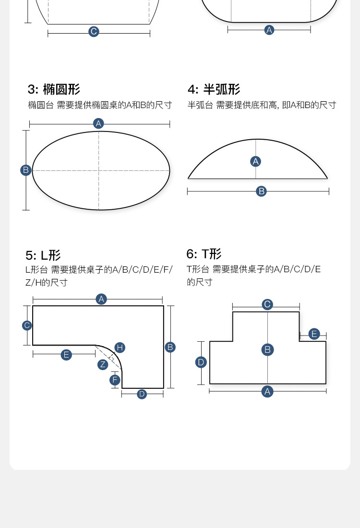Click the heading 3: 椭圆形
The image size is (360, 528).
point(54,89)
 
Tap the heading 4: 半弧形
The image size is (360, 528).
point(214,89)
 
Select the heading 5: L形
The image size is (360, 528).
point(43,255)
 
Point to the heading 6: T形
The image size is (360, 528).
point(204,254)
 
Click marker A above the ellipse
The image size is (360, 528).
point(99,123)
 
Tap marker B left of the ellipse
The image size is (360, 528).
point(26,170)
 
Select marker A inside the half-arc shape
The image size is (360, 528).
point(256,161)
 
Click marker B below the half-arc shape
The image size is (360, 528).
point(261,191)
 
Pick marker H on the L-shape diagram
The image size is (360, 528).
point(120,348)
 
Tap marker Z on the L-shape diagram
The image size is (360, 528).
point(103,364)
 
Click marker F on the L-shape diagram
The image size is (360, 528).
point(115,380)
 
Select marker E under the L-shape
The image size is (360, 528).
point(66,355)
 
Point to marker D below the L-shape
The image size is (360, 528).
point(142,394)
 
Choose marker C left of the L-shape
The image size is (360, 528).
point(27,325)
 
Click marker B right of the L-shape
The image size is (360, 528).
point(170,347)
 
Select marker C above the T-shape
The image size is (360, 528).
point(267,304)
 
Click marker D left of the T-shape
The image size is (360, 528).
point(201,362)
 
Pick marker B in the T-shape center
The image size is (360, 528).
point(268,349)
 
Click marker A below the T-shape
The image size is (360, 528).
point(267,392)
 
